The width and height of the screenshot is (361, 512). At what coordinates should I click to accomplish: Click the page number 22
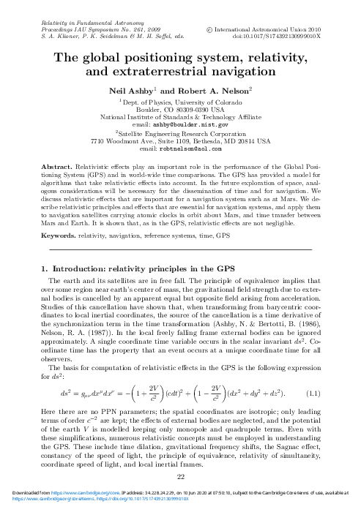click(x=180, y=475)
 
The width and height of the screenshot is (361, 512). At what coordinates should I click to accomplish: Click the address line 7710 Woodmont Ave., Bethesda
click(x=180, y=140)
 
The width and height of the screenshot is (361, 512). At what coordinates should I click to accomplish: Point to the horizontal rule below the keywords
click(x=180, y=230)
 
